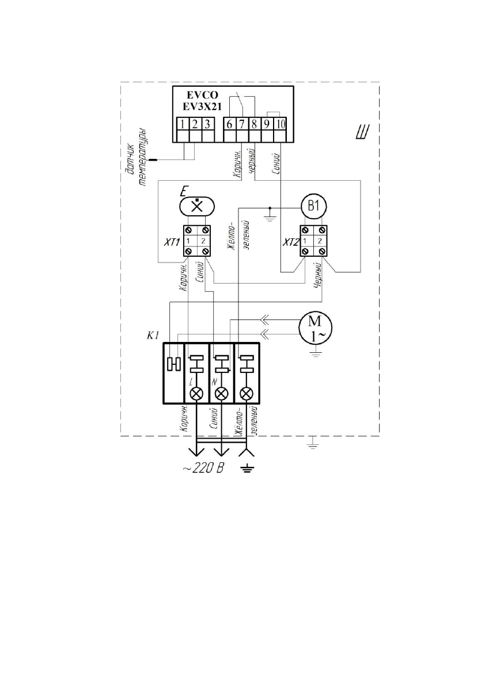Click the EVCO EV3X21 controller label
pos(202,101)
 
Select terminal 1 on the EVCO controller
pos(183,124)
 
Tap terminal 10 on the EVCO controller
pos(279,124)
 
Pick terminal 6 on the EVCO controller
pos(230,124)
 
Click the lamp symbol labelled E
pos(197,205)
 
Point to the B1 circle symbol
pos(313,205)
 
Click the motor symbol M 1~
pos(315,328)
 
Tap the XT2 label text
pos(290,242)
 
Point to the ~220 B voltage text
pos(203,469)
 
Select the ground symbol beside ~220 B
pos(247,470)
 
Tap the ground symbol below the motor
pos(315,353)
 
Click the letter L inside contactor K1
pos(191,382)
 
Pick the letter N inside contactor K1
pos(214,382)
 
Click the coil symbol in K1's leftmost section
pos(174,363)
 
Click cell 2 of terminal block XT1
pos(204,241)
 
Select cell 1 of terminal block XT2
pos(306,241)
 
